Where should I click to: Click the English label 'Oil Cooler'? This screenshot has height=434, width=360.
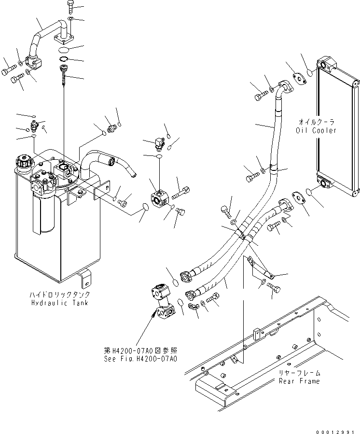tap(317, 130)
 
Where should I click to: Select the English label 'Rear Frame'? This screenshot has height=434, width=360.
tap(299, 381)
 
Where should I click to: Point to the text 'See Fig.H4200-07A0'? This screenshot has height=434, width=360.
tap(140, 359)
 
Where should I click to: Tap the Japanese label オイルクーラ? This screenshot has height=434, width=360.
tap(317, 123)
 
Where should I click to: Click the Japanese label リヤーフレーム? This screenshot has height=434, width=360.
tap(299, 373)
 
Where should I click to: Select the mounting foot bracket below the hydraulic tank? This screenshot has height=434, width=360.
tap(86, 278)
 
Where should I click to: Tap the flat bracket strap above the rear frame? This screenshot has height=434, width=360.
tap(261, 268)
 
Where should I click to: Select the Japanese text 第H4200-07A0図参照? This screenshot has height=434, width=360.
tap(140, 351)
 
